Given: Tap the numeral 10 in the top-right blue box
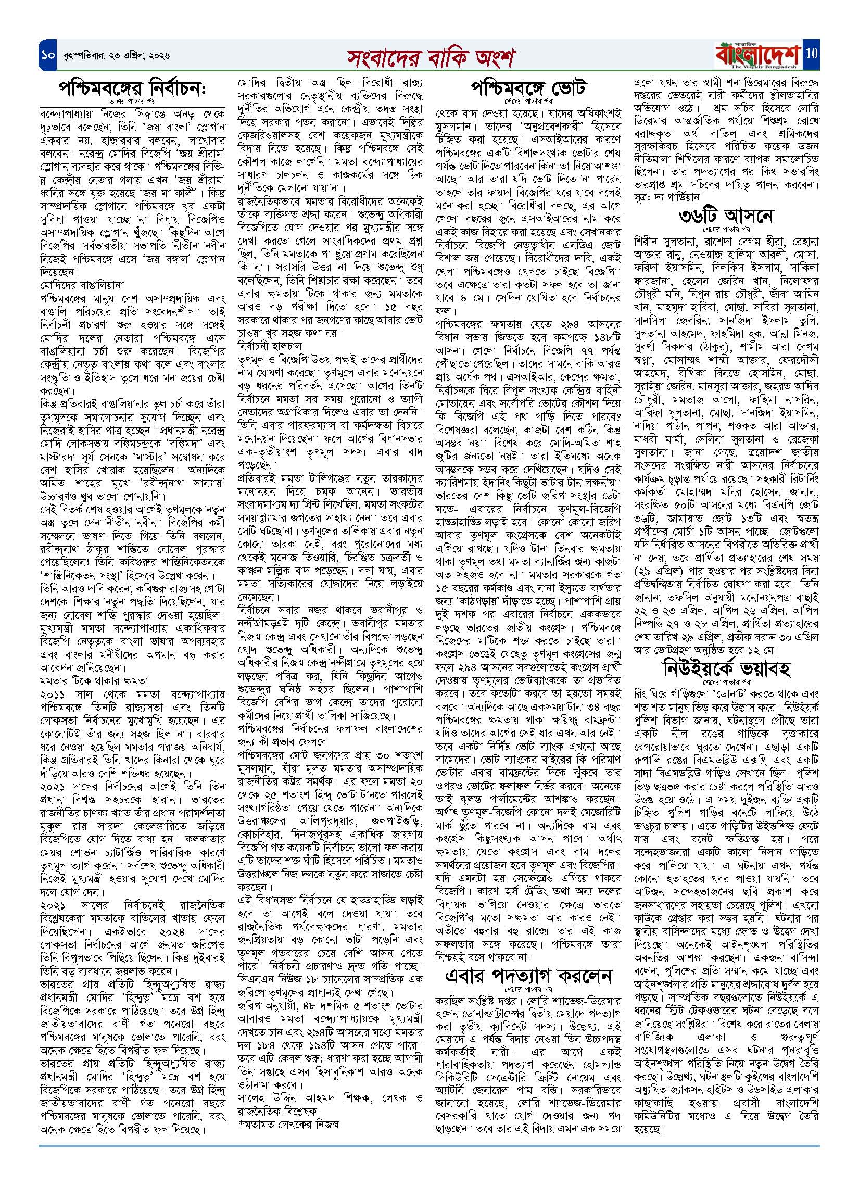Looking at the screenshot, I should (812, 53).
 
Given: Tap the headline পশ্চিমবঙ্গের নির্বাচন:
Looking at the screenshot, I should (132, 90).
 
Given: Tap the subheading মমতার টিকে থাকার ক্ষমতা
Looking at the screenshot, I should (94, 681).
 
